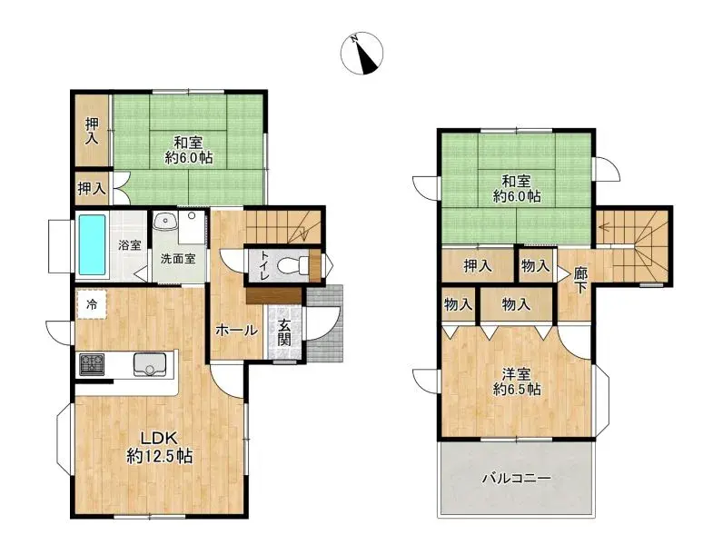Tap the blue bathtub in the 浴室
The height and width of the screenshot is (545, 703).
94,243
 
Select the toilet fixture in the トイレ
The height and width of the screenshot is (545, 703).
292,266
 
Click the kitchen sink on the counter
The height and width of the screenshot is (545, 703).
151,364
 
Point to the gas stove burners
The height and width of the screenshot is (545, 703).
93,365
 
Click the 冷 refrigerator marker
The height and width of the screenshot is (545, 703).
91,302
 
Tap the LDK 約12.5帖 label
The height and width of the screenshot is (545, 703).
158,447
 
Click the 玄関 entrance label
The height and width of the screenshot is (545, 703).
284,333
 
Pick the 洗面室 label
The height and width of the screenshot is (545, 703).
177,258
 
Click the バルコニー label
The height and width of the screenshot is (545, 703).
516,478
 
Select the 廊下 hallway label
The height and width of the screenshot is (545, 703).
579,279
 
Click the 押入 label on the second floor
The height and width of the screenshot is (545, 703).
478,266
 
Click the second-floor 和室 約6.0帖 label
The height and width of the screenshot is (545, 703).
517,188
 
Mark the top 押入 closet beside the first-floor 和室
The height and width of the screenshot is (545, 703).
92,132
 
